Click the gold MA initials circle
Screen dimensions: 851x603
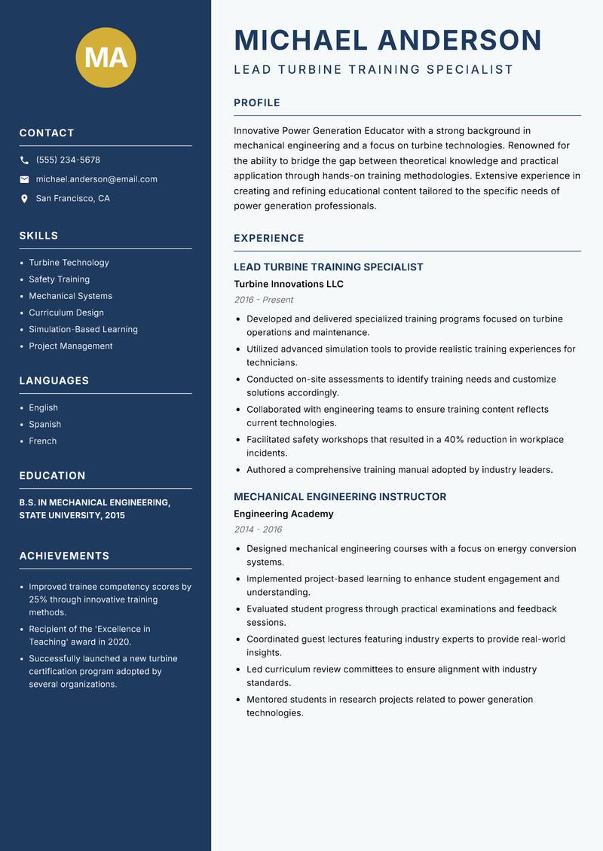point(106,57)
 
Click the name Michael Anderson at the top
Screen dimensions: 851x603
point(387,40)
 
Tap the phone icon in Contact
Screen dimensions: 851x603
point(24,160)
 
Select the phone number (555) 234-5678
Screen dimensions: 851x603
point(68,160)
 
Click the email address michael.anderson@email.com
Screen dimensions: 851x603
point(96,179)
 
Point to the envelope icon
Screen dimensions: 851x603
point(24,179)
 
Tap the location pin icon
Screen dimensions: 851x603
point(24,199)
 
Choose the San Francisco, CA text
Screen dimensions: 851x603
point(72,199)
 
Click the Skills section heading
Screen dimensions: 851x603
point(38,236)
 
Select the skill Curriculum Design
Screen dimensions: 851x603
point(66,313)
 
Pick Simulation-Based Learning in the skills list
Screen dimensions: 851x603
point(83,329)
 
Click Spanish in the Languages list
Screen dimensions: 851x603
point(44,424)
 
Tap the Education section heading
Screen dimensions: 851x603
point(52,476)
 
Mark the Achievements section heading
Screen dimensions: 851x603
point(64,556)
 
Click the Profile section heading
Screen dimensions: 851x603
point(256,103)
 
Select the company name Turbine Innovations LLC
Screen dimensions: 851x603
point(288,284)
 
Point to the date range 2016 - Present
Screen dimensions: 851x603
point(263,300)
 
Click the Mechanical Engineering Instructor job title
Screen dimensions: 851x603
point(339,497)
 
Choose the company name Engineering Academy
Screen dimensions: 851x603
point(283,514)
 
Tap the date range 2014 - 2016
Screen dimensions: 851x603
point(258,529)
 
